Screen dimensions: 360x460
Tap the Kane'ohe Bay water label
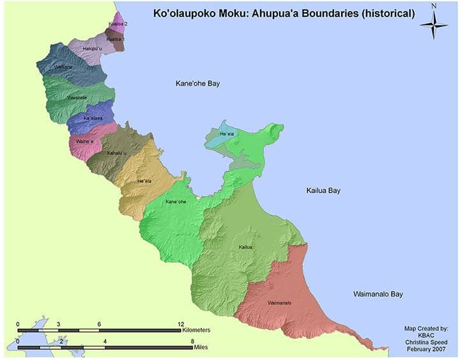point(198,84)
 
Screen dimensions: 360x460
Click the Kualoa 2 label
point(118,24)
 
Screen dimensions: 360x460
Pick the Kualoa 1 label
point(115,39)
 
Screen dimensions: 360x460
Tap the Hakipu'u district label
point(92,49)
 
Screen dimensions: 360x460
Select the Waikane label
point(63,67)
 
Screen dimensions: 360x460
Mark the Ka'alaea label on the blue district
point(94,118)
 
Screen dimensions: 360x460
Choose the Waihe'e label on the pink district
point(85,141)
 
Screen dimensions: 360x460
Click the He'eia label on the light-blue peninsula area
point(227,134)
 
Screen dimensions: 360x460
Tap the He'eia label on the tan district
point(144,182)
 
